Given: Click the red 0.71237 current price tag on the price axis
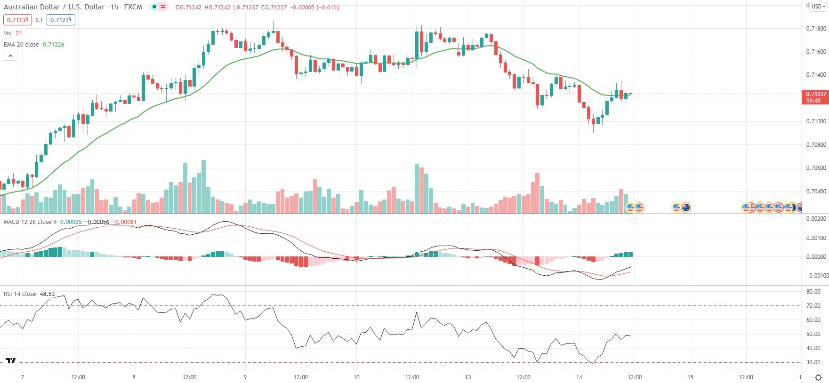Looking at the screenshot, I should click(815, 94).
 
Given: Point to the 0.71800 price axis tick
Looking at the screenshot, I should click(816, 29).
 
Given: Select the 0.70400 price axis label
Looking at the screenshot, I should click(816, 191).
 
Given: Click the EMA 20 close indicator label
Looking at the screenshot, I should click(22, 45).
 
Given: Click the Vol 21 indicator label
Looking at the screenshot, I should click(13, 33).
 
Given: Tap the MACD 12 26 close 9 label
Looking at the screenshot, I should click(30, 222).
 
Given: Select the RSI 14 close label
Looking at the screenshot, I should click(20, 294).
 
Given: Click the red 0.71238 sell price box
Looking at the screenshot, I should click(17, 20).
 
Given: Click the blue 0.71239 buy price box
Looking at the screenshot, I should click(61, 20).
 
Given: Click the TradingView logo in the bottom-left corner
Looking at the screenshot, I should click(10, 361).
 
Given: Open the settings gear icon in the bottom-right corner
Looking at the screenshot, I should click(818, 377).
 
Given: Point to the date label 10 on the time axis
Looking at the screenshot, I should click(356, 377).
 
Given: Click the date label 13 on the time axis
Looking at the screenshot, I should click(467, 377).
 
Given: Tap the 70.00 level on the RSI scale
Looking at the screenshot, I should click(813, 306).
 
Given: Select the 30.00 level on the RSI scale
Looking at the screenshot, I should click(813, 362).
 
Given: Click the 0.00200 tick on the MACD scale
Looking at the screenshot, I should click(816, 219).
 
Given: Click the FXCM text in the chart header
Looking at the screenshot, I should click(133, 7).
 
